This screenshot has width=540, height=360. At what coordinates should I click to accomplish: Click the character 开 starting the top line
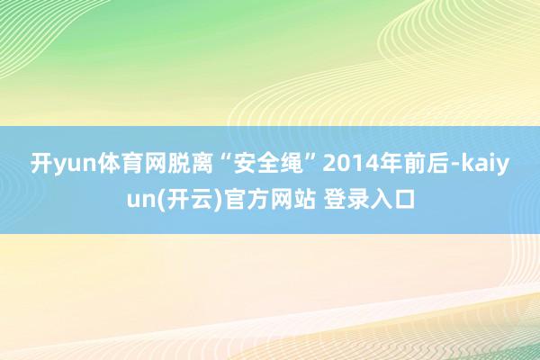40,165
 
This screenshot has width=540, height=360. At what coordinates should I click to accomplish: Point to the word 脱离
173,165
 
